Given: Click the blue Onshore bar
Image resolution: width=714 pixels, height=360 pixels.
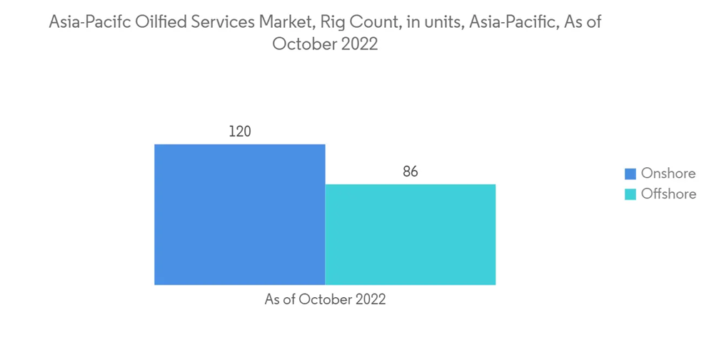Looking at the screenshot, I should (x=240, y=214).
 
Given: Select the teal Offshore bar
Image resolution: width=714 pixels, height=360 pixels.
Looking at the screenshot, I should (x=411, y=234).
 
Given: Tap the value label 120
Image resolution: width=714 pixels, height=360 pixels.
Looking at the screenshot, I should (x=240, y=131).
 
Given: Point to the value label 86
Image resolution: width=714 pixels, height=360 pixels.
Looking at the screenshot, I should (x=410, y=172).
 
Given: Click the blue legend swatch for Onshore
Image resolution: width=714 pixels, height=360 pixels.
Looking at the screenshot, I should (x=630, y=174).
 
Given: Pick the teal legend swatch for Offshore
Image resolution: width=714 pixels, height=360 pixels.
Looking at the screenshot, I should (x=630, y=194).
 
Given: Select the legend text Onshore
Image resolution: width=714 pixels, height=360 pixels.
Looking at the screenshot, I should (x=668, y=174).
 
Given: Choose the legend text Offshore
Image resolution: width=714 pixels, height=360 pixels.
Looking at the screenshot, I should (x=668, y=194).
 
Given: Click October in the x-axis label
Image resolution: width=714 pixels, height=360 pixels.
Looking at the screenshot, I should (x=325, y=300).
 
